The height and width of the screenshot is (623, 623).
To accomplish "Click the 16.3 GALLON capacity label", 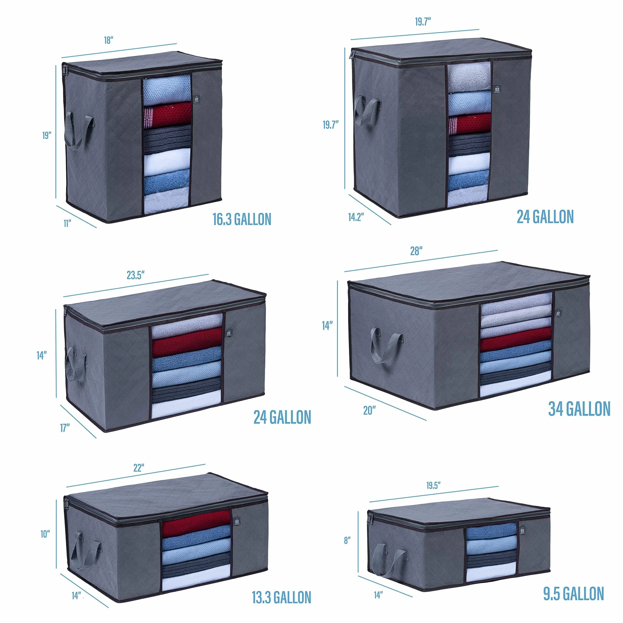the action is (x=242, y=219).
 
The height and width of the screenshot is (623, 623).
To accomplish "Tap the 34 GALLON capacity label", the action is (x=579, y=409).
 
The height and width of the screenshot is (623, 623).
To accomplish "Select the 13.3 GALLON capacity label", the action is (x=281, y=588).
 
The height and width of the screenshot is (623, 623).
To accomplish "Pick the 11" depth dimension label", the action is (x=67, y=223).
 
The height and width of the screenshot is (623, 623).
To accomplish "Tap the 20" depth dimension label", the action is (x=370, y=411).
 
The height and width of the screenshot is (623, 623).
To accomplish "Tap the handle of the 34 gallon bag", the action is (x=386, y=345).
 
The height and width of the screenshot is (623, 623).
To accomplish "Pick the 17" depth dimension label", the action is (x=65, y=428).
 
